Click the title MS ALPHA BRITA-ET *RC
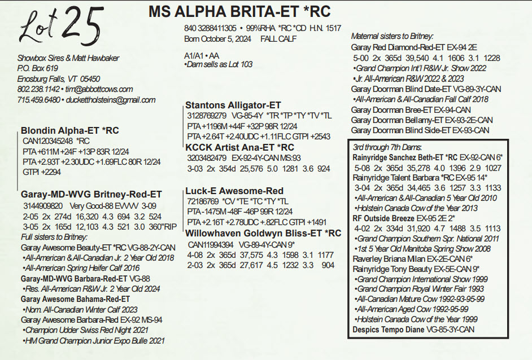[239, 11]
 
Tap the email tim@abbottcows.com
[99, 89]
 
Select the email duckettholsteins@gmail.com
[111, 100]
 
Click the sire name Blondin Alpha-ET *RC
[70, 130]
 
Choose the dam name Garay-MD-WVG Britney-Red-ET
[91, 194]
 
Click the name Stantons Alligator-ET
[233, 105]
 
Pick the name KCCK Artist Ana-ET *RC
[239, 147]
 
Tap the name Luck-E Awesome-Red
[234, 191]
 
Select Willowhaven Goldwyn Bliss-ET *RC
[263, 233]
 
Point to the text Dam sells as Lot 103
[220, 64]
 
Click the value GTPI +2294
[42, 172]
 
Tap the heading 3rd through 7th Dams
[387, 147]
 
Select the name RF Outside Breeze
[383, 218]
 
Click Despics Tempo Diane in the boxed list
[388, 330]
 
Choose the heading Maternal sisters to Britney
[392, 36]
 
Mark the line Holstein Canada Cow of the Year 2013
[417, 208]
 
